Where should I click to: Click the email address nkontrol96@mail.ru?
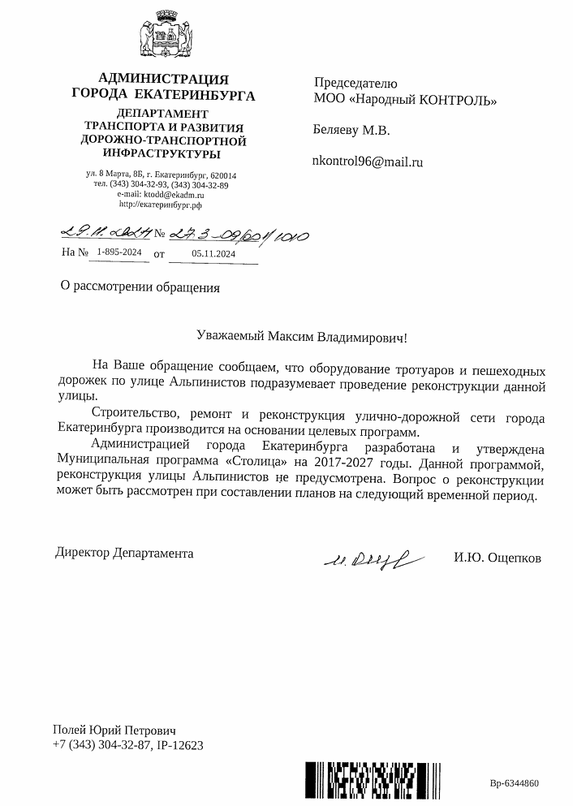point(368,162)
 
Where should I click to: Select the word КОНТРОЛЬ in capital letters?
point(455,100)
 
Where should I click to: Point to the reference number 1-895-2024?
point(118,253)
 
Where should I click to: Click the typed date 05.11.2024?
point(214,253)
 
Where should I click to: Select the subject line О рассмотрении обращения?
point(140,286)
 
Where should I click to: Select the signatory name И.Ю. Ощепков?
point(498,558)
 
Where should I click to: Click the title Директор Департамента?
point(124,553)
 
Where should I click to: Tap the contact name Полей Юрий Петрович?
point(114,730)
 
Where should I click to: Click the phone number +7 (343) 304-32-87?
point(101,744)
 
